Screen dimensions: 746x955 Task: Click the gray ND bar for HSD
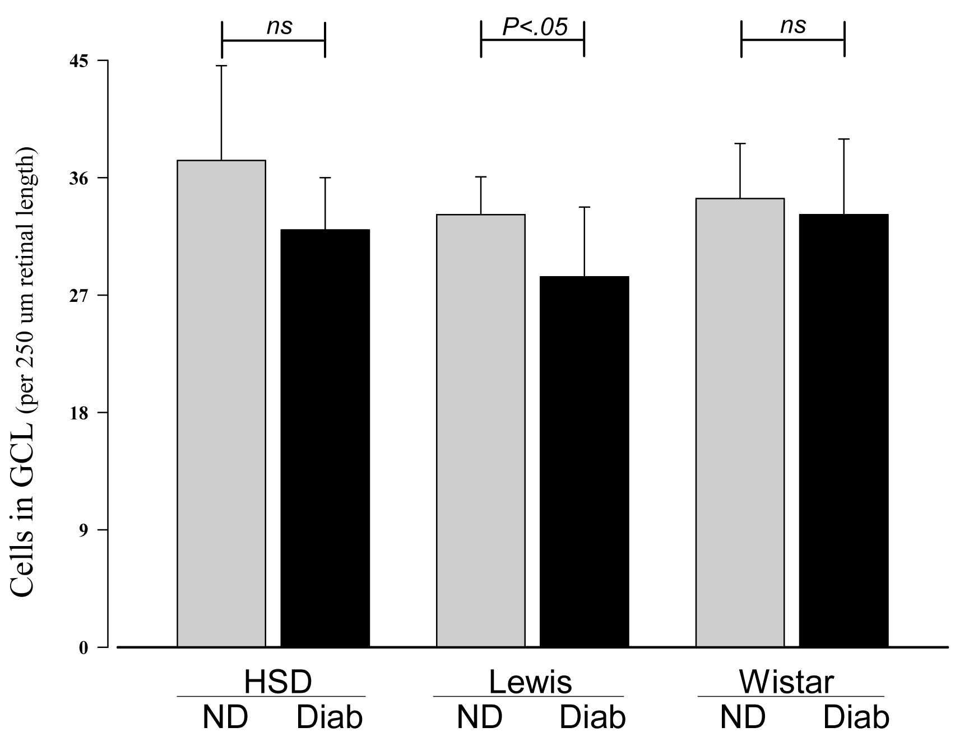coord(221,403)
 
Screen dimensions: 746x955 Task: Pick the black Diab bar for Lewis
coord(584,461)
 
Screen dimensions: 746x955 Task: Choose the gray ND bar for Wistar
coord(740,422)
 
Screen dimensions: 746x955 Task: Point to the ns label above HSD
coord(279,26)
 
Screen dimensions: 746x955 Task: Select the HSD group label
coord(278,682)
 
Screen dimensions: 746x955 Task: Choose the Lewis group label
coord(530,682)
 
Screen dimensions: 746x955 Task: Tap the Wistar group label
coord(787,682)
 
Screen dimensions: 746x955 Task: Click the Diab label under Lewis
coord(593,717)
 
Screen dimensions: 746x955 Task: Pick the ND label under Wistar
coord(743,717)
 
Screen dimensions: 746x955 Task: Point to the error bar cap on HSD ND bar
coord(222,66)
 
